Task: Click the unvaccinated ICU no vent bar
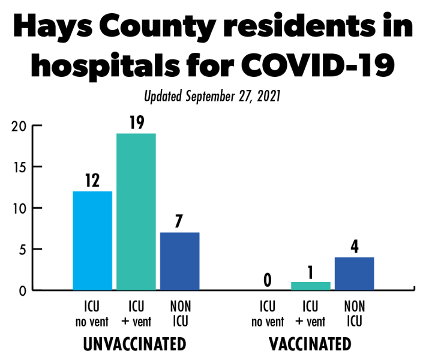[92, 241]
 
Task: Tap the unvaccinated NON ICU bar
[179, 261]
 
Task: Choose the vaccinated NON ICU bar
[354, 274]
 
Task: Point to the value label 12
[92, 180]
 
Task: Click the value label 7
[179, 221]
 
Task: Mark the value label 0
[268, 280]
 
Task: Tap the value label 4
[354, 246]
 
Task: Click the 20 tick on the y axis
[19, 126]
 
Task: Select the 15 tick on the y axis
[19, 167]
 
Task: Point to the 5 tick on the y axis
[22, 249]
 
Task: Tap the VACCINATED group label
[310, 344]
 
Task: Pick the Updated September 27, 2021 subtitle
[212, 95]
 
